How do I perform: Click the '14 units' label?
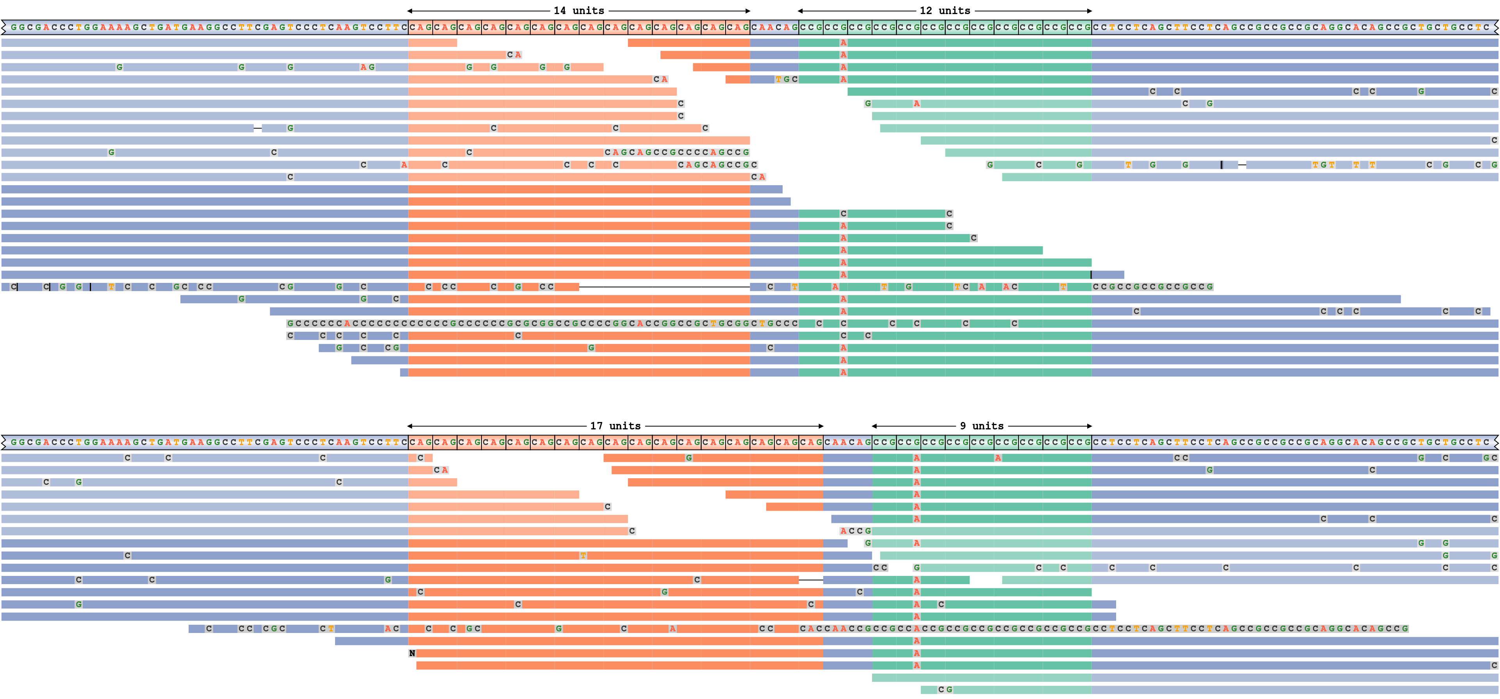[x=579, y=11]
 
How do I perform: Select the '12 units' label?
[x=945, y=11]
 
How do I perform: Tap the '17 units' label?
[x=615, y=426]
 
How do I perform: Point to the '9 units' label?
[x=982, y=426]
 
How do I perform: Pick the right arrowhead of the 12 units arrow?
[x=1090, y=11]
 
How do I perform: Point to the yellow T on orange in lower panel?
[x=583, y=556]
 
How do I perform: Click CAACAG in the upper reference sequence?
[x=774, y=27]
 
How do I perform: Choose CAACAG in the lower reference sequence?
[x=847, y=442]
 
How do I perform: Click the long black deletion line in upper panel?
[x=664, y=286]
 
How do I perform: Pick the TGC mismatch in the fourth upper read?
[x=786, y=79]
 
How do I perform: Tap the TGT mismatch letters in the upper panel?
[x=1323, y=165]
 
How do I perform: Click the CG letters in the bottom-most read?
[x=945, y=690]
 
